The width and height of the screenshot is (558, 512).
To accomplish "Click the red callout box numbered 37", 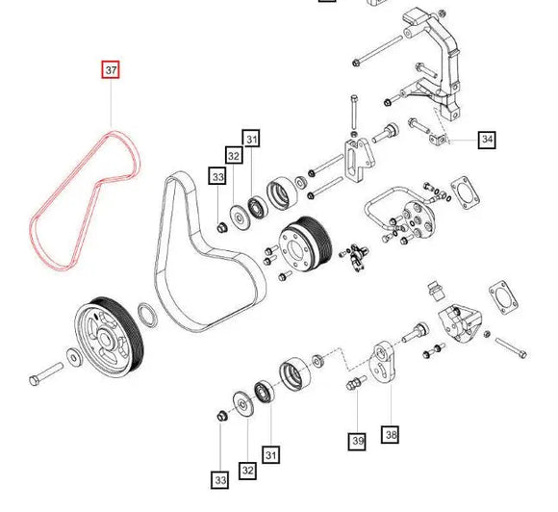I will click(x=112, y=69).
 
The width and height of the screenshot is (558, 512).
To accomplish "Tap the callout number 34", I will click(x=487, y=141).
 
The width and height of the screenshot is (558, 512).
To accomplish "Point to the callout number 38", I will click(x=390, y=435).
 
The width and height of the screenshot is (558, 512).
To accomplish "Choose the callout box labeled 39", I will click(x=357, y=442).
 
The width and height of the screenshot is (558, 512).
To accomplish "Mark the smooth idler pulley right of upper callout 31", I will click(x=285, y=193).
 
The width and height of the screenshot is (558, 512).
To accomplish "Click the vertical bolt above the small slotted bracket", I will click(x=354, y=115).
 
